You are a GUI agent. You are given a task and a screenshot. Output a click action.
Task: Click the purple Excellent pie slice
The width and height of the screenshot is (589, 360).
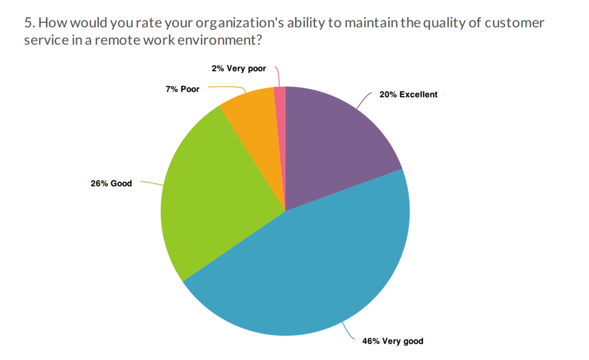coord(334,144)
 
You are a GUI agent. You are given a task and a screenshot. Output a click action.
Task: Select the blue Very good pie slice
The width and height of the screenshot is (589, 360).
coord(305,270)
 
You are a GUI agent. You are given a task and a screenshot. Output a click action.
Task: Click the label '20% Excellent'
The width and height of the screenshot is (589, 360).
coord(408,94)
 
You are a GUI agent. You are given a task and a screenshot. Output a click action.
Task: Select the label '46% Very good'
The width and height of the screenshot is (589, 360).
coord(392,341)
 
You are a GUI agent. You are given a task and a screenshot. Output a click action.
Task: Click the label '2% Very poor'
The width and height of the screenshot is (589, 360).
coord(239,68)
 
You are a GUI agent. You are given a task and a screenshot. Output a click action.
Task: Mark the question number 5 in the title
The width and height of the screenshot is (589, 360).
coord(28,24)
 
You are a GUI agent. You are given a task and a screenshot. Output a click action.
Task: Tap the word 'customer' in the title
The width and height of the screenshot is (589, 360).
coord(517,24)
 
